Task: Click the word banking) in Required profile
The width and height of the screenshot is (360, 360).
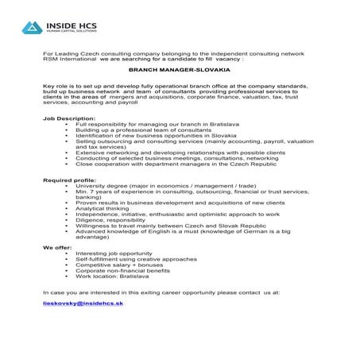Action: coord(89,197)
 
